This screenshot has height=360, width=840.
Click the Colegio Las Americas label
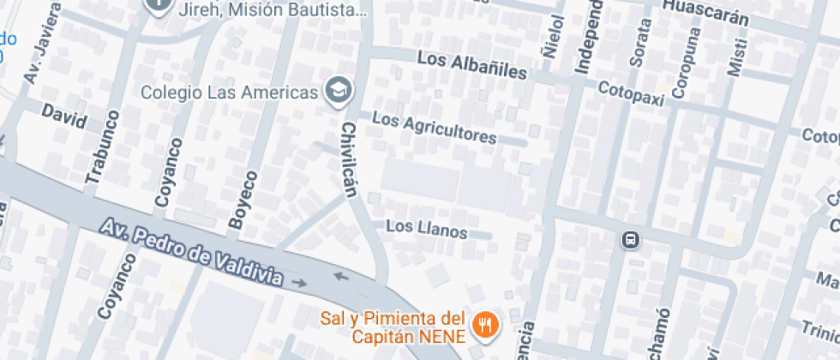click(x=230, y=92)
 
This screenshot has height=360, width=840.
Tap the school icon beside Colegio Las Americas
click(x=339, y=90)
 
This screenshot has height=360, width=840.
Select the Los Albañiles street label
click(x=471, y=66)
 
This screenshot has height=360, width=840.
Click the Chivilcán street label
click(x=350, y=159)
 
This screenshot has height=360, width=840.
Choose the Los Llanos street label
click(x=426, y=230)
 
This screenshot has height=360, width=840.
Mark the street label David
click(x=63, y=117)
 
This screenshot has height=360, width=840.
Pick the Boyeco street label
click(x=243, y=200)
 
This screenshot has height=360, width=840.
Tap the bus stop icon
click(x=631, y=240)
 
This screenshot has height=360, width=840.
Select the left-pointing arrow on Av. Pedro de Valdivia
click(x=340, y=276)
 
